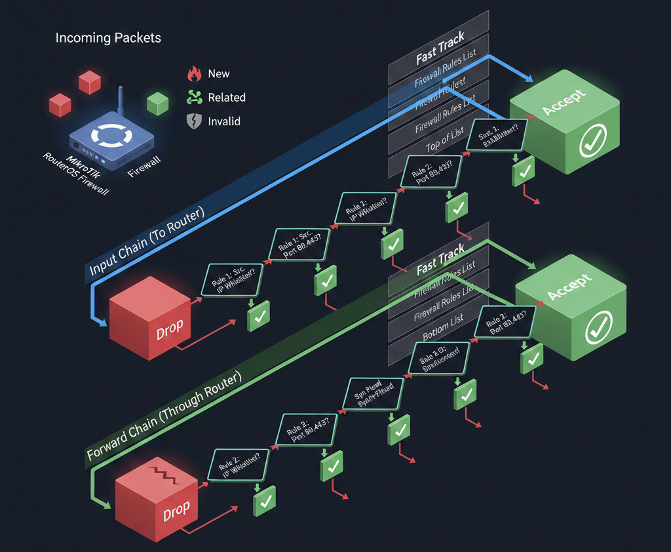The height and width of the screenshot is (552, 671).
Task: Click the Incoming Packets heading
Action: tap(108, 38)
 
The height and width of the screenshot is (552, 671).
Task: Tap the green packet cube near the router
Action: tap(158, 103)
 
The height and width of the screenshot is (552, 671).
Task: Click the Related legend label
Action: tap(226, 98)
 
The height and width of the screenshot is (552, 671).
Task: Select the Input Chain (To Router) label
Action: tap(147, 241)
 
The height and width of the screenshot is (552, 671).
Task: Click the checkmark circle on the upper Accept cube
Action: tap(593, 137)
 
